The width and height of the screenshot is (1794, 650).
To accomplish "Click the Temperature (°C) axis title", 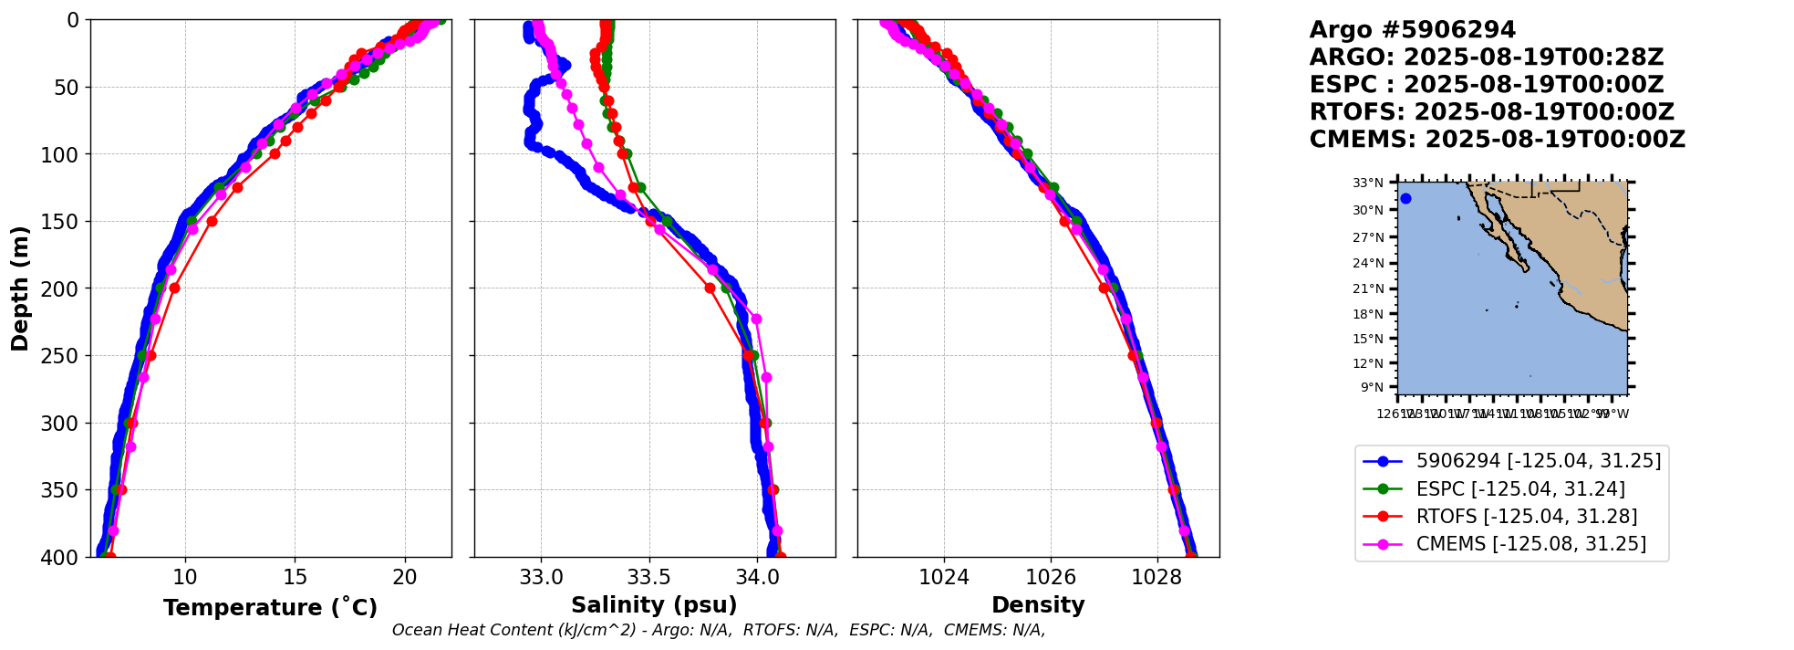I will (x=270, y=608).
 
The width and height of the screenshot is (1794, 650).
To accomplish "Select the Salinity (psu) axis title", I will (x=654, y=605).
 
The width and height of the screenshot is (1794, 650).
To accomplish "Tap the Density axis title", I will (x=1038, y=605).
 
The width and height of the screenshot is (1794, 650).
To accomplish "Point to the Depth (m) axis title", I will (x=20, y=288).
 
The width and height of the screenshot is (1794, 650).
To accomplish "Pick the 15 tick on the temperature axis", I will (x=295, y=578).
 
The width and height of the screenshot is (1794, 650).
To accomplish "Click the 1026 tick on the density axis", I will (x=1050, y=578).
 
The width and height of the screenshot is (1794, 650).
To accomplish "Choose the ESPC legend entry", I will (x=1520, y=489).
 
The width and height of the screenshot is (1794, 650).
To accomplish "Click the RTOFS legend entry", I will (x=1526, y=517).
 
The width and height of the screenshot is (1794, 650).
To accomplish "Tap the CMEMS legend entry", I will (x=1530, y=544).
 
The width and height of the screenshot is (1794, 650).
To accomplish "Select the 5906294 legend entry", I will (x=1538, y=461).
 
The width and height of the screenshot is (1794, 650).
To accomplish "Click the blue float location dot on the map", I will (x=1405, y=198).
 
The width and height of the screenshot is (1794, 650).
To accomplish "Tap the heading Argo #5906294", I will (x=1412, y=30).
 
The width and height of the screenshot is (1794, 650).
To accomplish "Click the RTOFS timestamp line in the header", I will (x=1491, y=112).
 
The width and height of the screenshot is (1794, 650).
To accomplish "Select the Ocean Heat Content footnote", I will (x=719, y=630).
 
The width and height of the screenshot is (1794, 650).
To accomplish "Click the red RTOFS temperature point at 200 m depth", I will (x=174, y=288).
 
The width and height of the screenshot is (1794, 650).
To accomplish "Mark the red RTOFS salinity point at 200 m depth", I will (x=710, y=288).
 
